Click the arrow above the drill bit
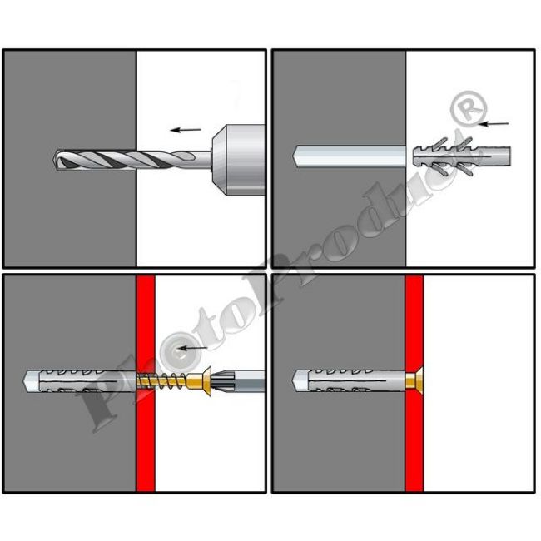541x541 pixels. click(186, 130)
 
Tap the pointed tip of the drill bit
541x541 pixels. click(54, 159)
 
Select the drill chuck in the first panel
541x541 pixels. click(238, 160)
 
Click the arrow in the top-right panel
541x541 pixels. click(494, 123)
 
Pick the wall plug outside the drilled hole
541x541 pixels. click(462, 156)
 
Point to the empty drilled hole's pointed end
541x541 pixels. click(293, 156)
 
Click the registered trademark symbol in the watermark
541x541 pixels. click(469, 107)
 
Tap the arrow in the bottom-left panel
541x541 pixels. click(193, 348)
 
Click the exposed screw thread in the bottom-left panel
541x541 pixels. click(161, 380)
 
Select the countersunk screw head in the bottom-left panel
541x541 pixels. click(203, 381)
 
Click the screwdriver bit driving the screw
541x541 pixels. click(238, 381)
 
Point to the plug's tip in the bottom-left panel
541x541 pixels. click(25, 380)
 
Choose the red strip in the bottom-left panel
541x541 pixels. click(146, 383)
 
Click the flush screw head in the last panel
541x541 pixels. click(414, 380)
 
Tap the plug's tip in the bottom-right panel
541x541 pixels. click(293, 380)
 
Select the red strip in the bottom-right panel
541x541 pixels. click(414, 383)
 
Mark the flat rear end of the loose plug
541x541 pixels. click(509, 156)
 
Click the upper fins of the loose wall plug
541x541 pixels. click(449, 143)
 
